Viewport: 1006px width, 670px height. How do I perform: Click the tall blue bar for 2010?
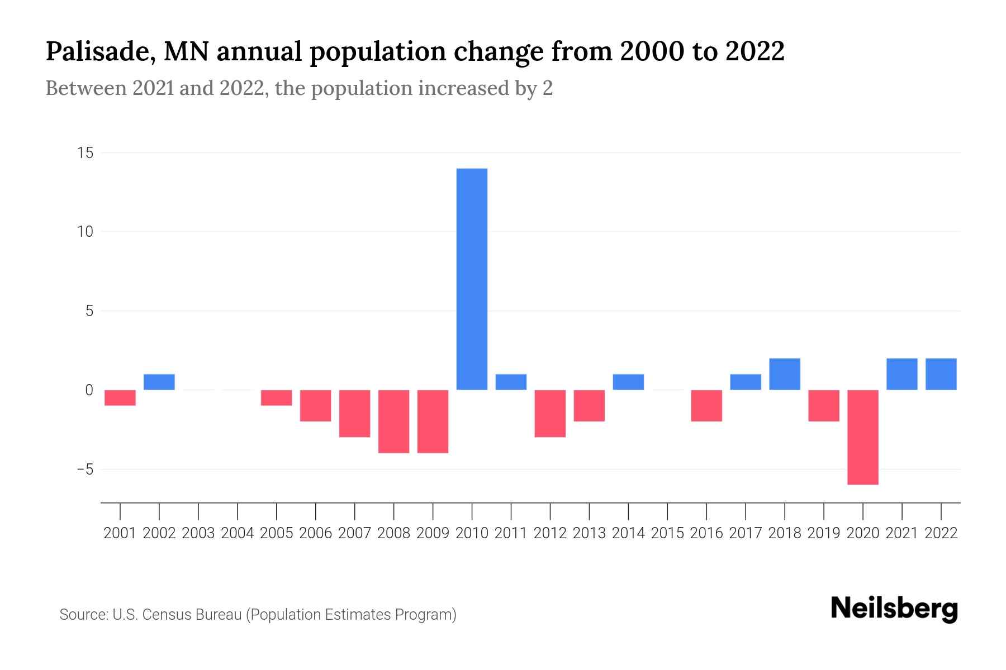pos(472,279)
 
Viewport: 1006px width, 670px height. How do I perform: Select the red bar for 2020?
pos(863,437)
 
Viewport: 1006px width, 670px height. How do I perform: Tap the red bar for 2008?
pos(393,421)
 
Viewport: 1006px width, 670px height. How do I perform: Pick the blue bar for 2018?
pos(785,374)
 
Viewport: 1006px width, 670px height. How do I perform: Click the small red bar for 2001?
pos(120,398)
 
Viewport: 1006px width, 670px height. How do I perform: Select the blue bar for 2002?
pos(159,382)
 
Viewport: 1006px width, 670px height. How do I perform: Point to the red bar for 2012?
pos(550,413)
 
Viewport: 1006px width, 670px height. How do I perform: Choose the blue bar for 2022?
pos(941,374)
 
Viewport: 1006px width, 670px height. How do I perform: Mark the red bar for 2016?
pos(706,405)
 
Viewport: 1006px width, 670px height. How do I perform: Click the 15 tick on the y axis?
pos(85,152)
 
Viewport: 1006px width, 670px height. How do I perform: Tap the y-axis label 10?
pos(85,232)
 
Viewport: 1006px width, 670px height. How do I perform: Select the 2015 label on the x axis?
pos(667,533)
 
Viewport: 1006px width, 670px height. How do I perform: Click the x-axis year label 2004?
pos(238,533)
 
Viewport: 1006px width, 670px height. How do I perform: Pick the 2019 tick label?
pos(824,533)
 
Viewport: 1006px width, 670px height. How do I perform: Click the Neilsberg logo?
pos(894,609)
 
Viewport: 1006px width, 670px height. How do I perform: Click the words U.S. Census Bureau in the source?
pos(177,615)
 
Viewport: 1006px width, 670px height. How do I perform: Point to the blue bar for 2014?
pos(628,382)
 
